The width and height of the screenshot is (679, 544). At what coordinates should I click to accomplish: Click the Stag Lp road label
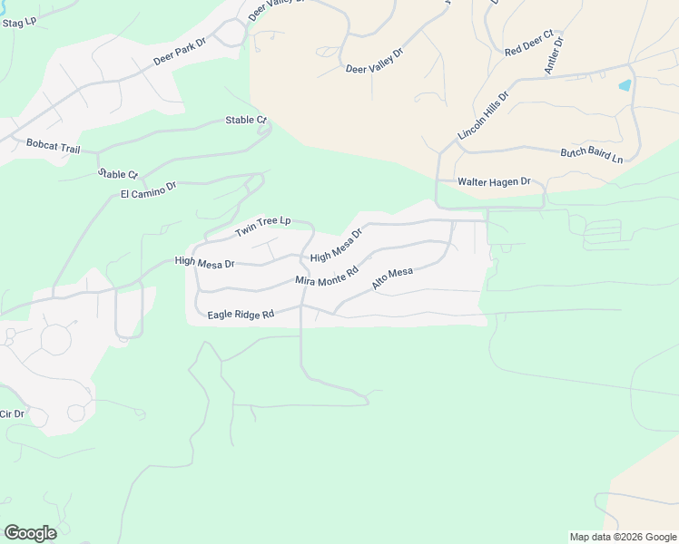coord(18,21)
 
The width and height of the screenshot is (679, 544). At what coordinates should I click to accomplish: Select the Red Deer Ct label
coord(528,47)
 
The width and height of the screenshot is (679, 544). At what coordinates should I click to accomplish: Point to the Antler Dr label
coord(553,56)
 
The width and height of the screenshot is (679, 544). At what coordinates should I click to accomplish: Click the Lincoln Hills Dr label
coord(484,113)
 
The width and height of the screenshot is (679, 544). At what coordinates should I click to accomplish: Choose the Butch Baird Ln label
coord(591,155)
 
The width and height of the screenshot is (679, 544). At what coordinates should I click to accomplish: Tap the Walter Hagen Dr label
coord(494,182)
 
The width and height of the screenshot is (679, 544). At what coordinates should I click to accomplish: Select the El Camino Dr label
coord(148,189)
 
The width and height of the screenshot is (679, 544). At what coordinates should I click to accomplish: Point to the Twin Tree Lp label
coord(262,227)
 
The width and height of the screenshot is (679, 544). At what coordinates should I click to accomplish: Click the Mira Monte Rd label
coord(327,275)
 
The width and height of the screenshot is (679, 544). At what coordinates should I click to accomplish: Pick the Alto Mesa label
coord(392,278)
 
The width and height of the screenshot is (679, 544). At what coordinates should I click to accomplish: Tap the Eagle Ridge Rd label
coord(241,315)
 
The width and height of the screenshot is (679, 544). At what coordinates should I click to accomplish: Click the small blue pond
coord(625,86)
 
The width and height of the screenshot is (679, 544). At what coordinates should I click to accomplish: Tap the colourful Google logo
coord(30,533)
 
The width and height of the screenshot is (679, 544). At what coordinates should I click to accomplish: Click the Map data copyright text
coord(622,537)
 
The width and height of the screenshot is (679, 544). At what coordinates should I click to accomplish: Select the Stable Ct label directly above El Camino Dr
coord(118,173)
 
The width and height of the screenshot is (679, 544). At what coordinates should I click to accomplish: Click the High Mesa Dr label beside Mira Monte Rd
coord(336,246)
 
